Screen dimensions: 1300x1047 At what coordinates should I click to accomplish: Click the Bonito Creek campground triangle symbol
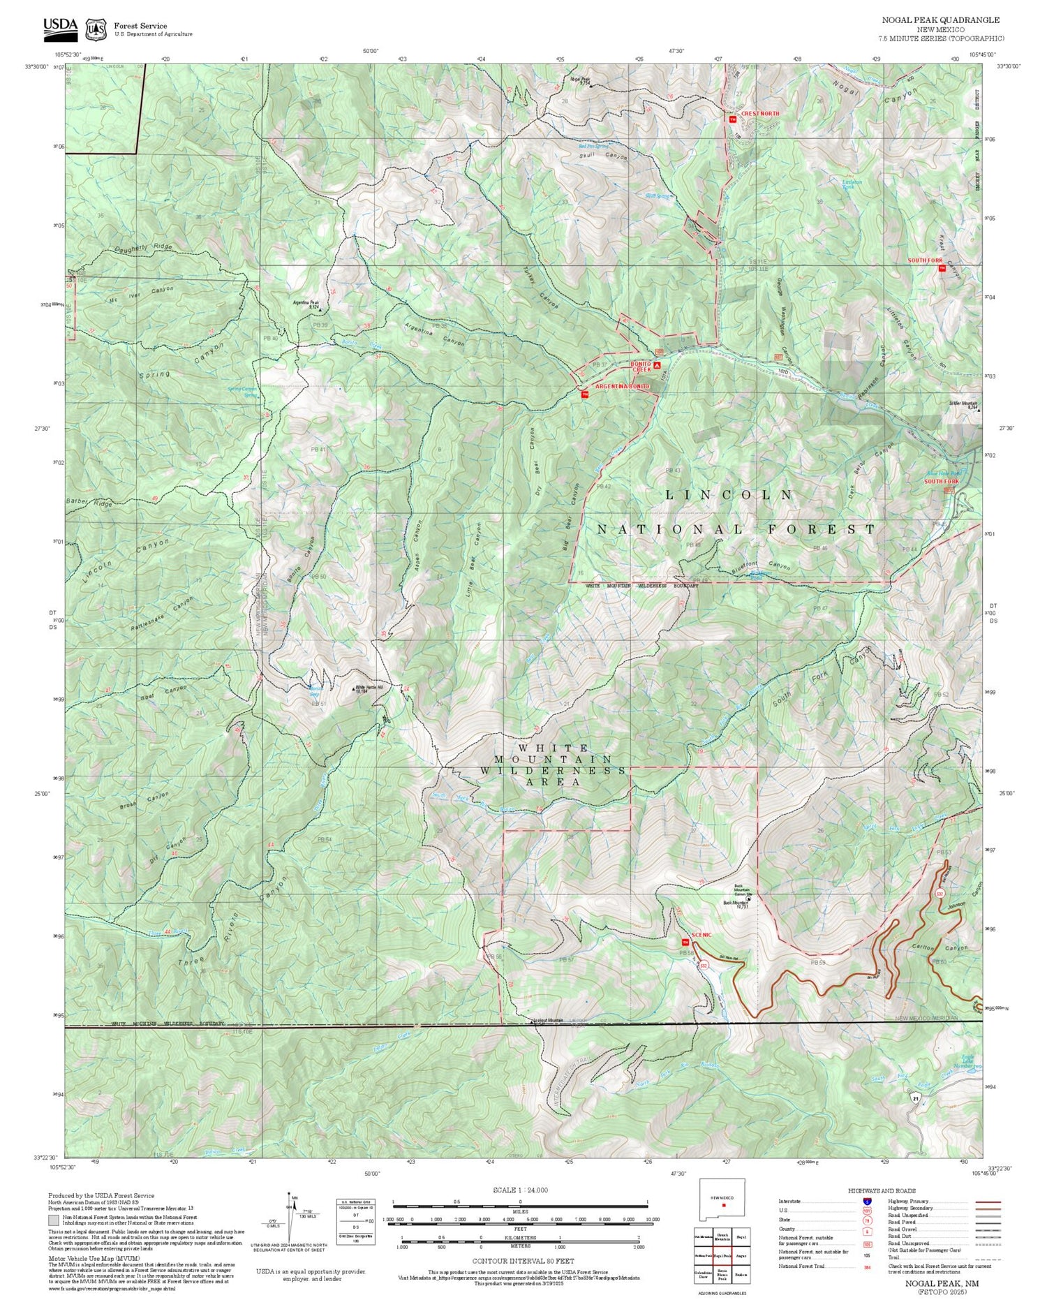point(658,364)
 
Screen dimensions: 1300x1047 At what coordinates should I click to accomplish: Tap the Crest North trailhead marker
point(732,119)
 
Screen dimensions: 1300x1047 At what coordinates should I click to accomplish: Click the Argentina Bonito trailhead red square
point(585,394)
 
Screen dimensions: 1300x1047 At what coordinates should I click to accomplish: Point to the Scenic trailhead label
point(701,934)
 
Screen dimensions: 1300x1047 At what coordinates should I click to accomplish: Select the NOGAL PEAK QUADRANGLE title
point(939,20)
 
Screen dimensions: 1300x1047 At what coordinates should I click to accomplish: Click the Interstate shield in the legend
point(867,1201)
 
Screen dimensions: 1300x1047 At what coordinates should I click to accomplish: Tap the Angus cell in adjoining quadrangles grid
point(742,1254)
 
